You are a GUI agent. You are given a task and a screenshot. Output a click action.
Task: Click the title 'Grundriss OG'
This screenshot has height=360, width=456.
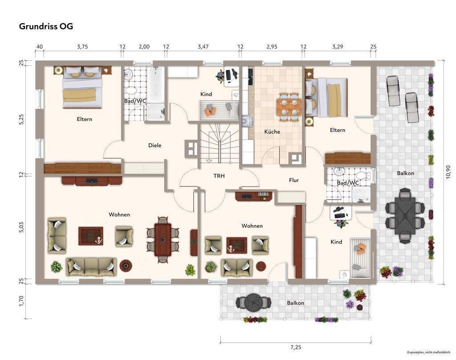(x=46, y=26)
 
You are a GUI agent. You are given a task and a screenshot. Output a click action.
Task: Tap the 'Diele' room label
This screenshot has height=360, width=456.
(x=155, y=145)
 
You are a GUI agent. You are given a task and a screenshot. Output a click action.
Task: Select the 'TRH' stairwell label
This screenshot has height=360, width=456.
(x=219, y=176)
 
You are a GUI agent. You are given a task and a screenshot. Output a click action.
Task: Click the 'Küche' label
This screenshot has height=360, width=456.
(x=272, y=132)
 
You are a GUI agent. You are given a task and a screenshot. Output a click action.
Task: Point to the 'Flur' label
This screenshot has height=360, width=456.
(x=294, y=180)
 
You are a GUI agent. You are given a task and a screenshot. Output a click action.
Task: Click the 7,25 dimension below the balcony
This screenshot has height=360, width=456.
(x=296, y=347)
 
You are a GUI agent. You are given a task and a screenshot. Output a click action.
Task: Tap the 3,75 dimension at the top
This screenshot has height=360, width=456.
(x=82, y=46)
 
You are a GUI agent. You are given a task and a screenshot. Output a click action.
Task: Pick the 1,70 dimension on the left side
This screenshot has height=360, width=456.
(x=21, y=301)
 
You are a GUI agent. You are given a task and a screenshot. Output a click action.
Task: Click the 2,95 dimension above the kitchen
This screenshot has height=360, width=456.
(x=272, y=46)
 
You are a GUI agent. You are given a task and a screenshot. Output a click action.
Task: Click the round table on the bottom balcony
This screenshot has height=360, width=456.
(x=253, y=303)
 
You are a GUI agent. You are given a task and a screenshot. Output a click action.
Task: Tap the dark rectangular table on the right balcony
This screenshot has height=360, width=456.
(x=405, y=215)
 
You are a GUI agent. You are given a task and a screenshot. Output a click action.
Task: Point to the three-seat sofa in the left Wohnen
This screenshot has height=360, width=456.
(x=91, y=267)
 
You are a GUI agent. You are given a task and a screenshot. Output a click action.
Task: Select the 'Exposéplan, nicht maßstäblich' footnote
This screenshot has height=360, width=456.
(x=428, y=352)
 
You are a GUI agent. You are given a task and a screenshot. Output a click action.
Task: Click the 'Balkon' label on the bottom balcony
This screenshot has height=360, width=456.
(x=296, y=303)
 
